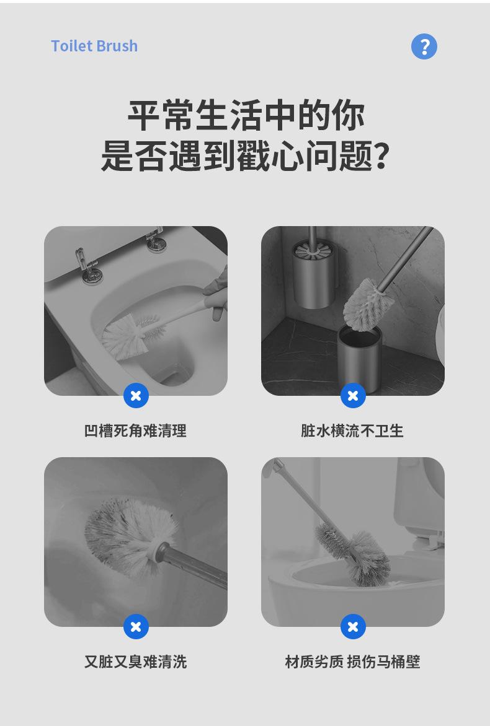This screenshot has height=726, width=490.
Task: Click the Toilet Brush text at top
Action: click(x=94, y=46)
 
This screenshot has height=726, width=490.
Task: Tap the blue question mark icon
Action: click(x=424, y=46)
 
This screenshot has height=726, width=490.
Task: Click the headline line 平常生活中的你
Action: click(x=246, y=115)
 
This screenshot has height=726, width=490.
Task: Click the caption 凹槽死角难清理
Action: click(x=135, y=431)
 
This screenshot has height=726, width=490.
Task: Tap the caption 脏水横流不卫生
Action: click(x=352, y=431)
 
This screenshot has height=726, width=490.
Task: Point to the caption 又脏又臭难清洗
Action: click(x=135, y=662)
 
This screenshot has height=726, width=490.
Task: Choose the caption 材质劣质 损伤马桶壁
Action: click(x=352, y=662)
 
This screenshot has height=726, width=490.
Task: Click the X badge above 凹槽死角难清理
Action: click(x=136, y=396)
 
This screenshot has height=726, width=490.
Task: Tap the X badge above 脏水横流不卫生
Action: click(x=353, y=396)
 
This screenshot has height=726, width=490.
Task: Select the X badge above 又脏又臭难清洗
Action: click(x=136, y=627)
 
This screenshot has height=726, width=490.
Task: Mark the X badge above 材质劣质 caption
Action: click(x=353, y=627)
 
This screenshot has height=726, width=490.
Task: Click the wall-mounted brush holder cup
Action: click(x=314, y=274)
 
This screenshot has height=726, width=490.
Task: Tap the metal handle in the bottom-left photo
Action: click(x=192, y=567)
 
